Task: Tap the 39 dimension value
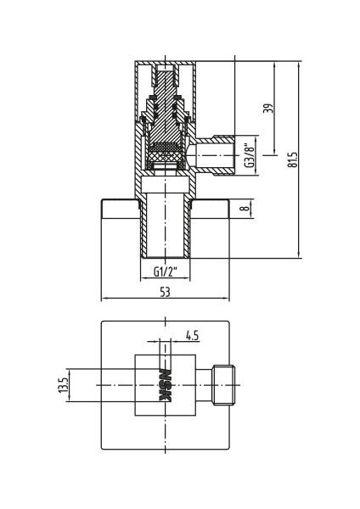[267, 109]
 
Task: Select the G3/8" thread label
[250, 155]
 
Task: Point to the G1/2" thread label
[166, 271]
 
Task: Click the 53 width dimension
[165, 292]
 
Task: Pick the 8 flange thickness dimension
[245, 207]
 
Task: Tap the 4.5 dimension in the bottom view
[192, 335]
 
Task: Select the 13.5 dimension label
[63, 385]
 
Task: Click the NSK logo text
[165, 385]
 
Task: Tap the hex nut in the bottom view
[223, 385]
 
